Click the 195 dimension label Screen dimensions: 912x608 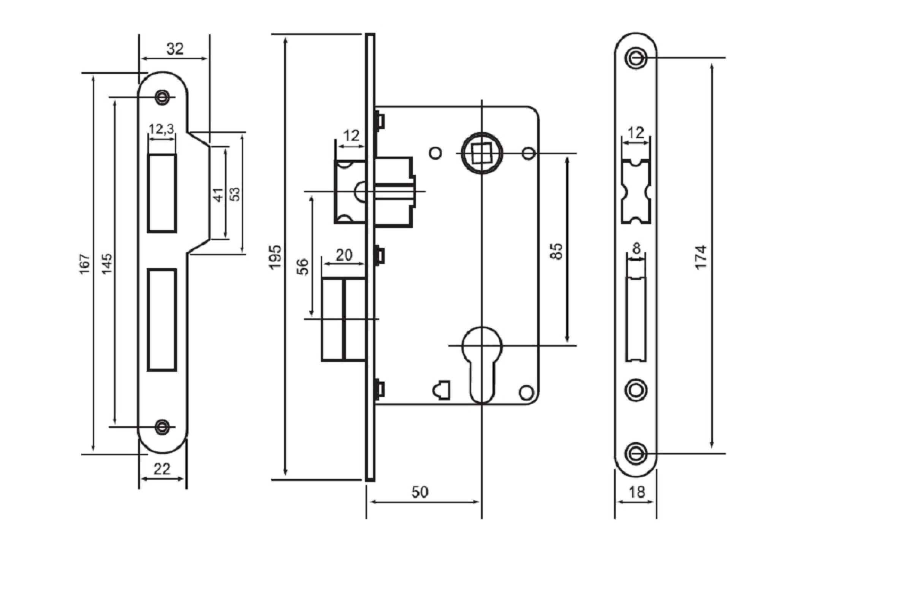tap(275, 257)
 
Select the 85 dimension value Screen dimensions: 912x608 tap(556, 252)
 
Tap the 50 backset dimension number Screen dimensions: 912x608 tap(420, 492)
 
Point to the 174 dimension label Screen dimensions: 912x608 tap(701, 258)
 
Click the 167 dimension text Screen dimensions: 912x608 tap(84, 264)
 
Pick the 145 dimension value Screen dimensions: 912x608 tap(107, 264)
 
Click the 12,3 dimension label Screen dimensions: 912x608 tap(161, 129)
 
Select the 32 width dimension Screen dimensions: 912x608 tap(175, 49)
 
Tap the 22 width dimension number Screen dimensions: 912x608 tap(162, 469)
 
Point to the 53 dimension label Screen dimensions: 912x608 tap(235, 194)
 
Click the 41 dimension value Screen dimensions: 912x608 tap(218, 195)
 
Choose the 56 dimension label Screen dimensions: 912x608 tap(303, 267)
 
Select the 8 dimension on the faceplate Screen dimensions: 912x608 tap(636, 248)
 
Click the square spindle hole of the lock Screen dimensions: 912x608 tap(481, 153)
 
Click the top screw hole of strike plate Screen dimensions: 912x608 tap(162, 97)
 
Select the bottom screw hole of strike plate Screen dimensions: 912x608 tap(162, 427)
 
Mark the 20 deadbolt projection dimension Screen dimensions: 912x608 tap(344, 255)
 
